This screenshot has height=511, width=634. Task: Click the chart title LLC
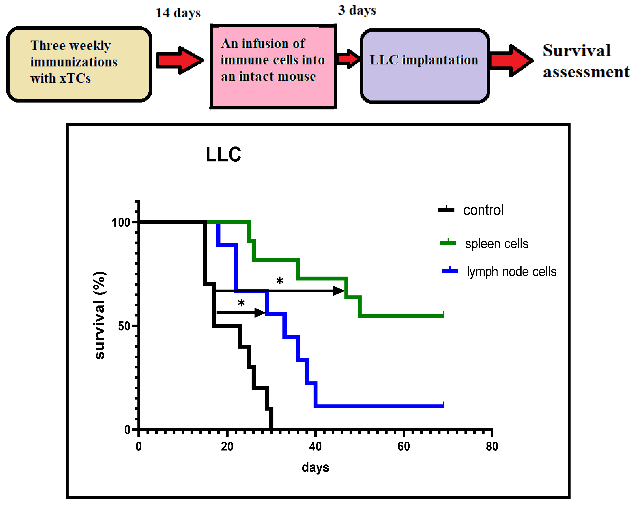pyautogui.click(x=223, y=154)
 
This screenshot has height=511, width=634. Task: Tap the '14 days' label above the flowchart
pyautogui.click(x=178, y=13)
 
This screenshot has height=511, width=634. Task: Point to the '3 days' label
pyautogui.click(x=357, y=10)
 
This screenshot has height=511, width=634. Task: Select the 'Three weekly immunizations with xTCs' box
pyautogui.click(x=79, y=64)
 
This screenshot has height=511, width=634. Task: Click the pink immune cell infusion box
pyautogui.click(x=273, y=67)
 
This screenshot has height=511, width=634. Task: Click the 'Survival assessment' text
pyautogui.click(x=586, y=61)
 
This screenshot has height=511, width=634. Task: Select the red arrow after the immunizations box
pyautogui.click(x=180, y=60)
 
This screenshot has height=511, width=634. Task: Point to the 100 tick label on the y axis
pyautogui.click(x=121, y=222)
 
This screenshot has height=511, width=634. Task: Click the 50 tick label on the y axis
pyautogui.click(x=124, y=326)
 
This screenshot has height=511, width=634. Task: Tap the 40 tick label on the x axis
pyautogui.click(x=315, y=447)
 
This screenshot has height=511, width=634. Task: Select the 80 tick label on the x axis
pyautogui.click(x=492, y=447)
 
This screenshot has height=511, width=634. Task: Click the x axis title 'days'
pyautogui.click(x=315, y=467)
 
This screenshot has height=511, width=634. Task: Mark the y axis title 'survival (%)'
pyautogui.click(x=100, y=315)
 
